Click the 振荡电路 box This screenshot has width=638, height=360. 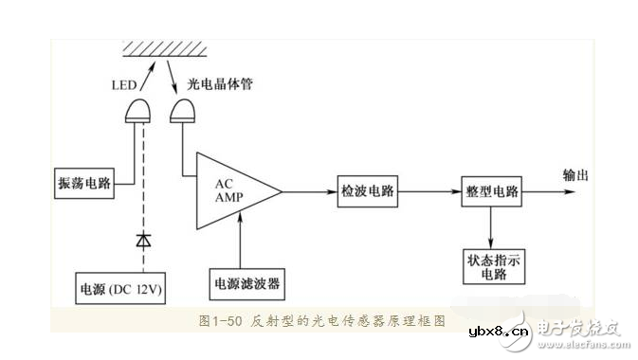83,184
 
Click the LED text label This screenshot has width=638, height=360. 124,86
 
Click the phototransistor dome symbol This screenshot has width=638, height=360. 182,113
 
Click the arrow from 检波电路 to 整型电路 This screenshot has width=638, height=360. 428,191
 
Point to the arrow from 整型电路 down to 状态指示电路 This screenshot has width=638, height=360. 491,227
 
